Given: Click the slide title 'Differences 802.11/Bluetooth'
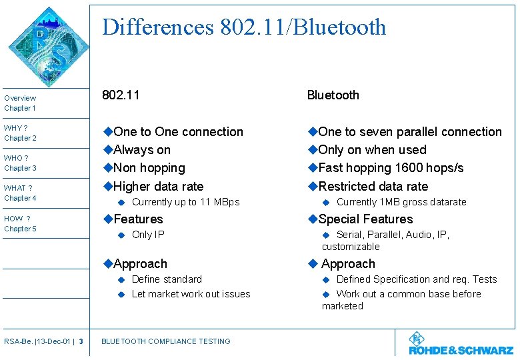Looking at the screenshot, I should pos(244,27).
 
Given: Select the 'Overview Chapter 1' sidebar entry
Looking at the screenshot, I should pos(20,103).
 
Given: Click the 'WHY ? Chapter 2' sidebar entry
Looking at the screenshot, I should pos(20,133).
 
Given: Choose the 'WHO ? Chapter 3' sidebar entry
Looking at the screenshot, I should pos(20,163).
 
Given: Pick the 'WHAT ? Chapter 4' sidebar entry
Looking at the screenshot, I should pos(20,193).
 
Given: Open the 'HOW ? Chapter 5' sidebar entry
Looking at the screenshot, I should pos(20,223).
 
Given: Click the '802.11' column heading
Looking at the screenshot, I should pos(121,95).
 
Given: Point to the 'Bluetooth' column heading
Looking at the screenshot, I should pos(333,95).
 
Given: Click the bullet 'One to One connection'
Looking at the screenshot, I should pos(177,132).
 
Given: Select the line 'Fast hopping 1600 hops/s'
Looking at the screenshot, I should pos(391,168).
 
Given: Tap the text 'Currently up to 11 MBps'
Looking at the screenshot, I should pos(185,202).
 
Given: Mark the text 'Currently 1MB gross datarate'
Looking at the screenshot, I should pos(401,202).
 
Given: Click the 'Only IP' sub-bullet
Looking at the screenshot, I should pos(148,235).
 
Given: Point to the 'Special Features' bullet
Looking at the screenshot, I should pos(365,219).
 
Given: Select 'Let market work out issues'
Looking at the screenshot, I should pos(191,294).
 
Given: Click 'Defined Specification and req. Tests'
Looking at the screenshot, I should pos(417,279).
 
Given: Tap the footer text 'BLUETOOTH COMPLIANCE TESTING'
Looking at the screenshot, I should pos(165,341).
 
